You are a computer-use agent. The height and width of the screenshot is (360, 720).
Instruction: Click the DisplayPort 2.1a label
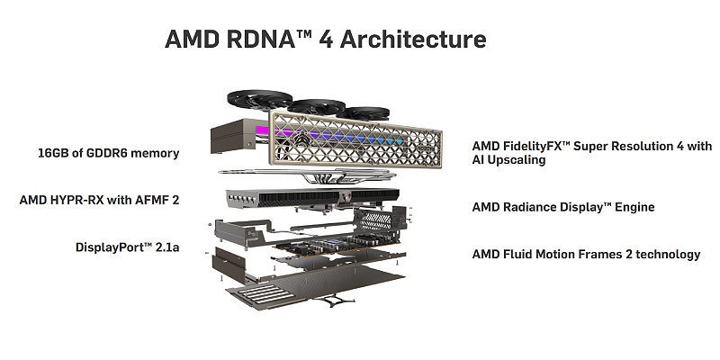(126, 246)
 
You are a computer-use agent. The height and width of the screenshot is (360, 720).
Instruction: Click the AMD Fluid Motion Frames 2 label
(586, 254)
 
